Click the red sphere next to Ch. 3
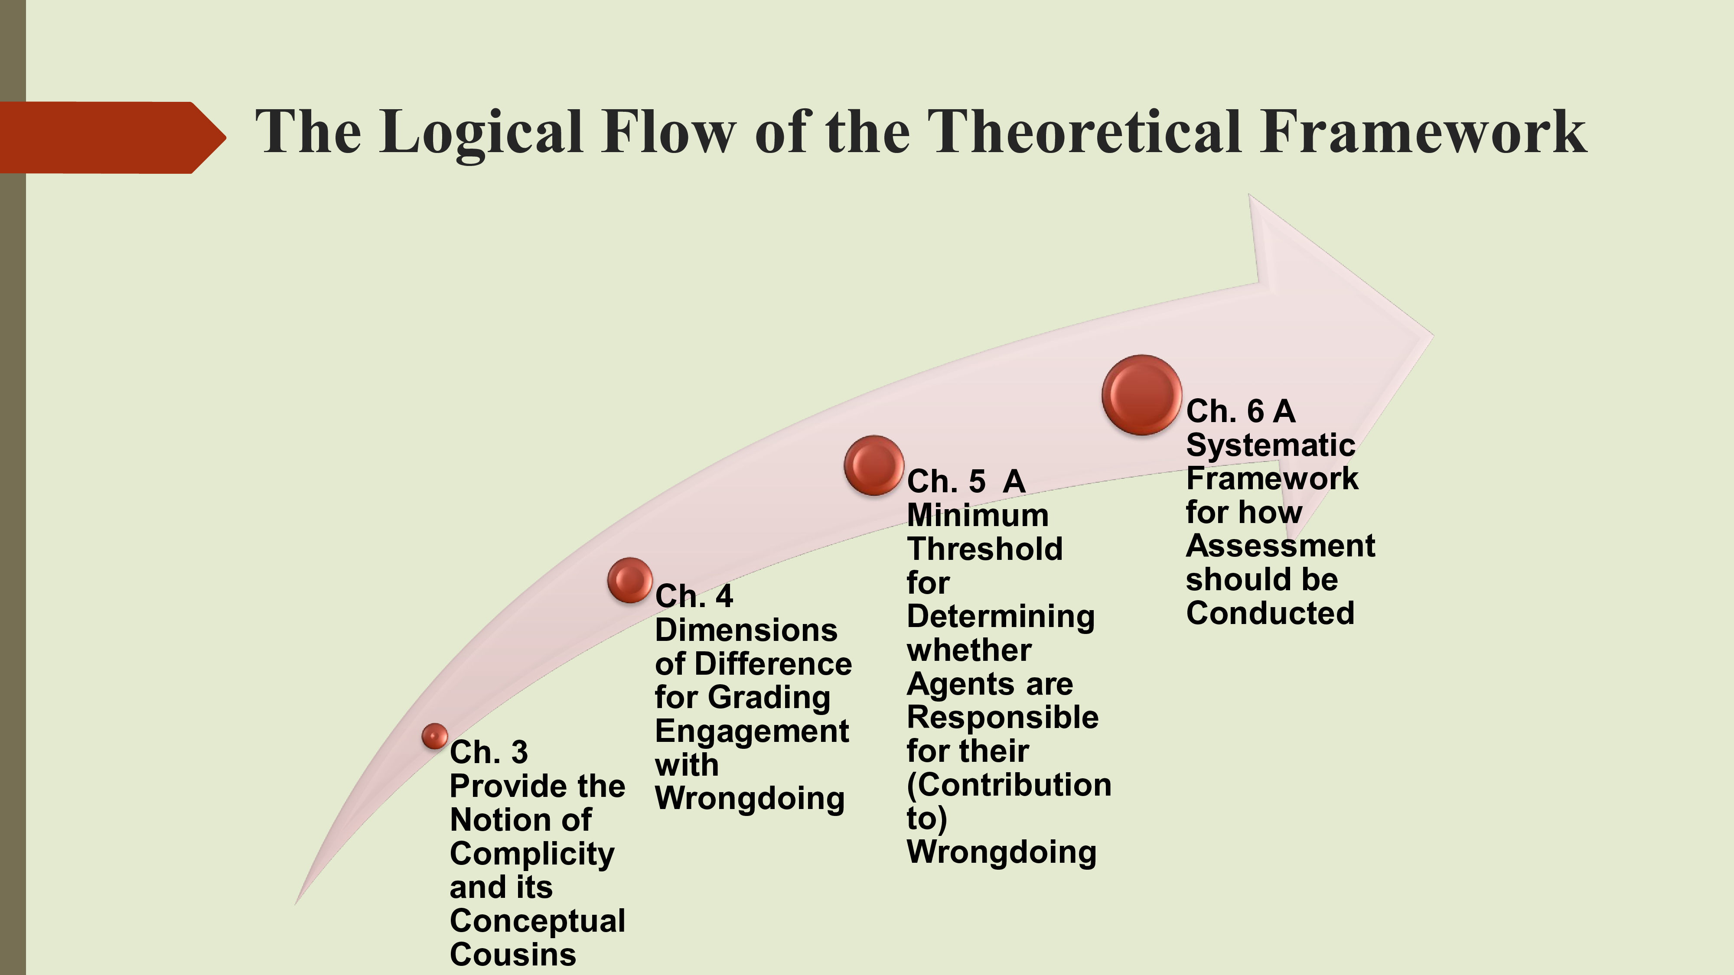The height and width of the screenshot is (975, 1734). pyautogui.click(x=435, y=736)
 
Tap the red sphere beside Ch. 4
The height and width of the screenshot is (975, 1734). pyautogui.click(x=630, y=580)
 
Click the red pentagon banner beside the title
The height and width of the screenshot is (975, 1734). pyautogui.click(x=108, y=137)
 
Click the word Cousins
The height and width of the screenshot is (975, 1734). pyautogui.click(x=513, y=955)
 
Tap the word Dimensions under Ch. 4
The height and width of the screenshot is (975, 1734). pyautogui.click(x=746, y=630)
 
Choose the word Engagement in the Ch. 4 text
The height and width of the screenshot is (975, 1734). pyautogui.click(x=752, y=732)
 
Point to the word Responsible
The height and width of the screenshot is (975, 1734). pyautogui.click(x=1002, y=717)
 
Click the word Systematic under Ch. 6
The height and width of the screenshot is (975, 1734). pyautogui.click(x=1270, y=445)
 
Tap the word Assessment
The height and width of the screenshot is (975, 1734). pyautogui.click(x=1280, y=546)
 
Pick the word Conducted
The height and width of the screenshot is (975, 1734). pyautogui.click(x=1270, y=613)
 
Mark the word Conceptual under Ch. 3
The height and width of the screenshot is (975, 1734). pyautogui.click(x=537, y=921)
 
